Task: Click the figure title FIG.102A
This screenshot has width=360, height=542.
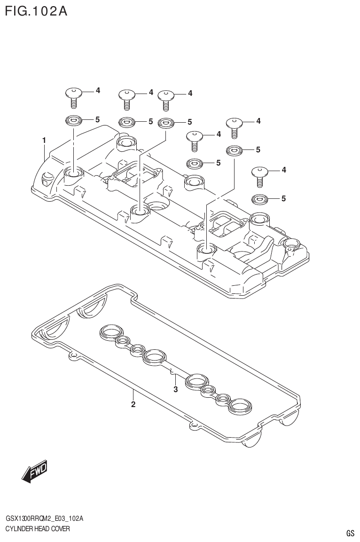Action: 36,11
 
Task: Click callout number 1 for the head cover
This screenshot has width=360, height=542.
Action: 44,140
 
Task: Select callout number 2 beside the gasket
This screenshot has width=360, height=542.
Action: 133,405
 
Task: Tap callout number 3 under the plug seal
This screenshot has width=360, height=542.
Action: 175,389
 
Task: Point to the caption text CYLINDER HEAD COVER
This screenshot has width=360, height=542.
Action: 38,529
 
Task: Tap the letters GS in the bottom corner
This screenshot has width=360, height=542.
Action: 350,533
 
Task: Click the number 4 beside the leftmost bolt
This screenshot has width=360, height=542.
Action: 98,90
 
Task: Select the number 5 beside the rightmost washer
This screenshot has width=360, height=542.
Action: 283,198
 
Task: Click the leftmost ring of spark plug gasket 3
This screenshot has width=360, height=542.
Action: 110,333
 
